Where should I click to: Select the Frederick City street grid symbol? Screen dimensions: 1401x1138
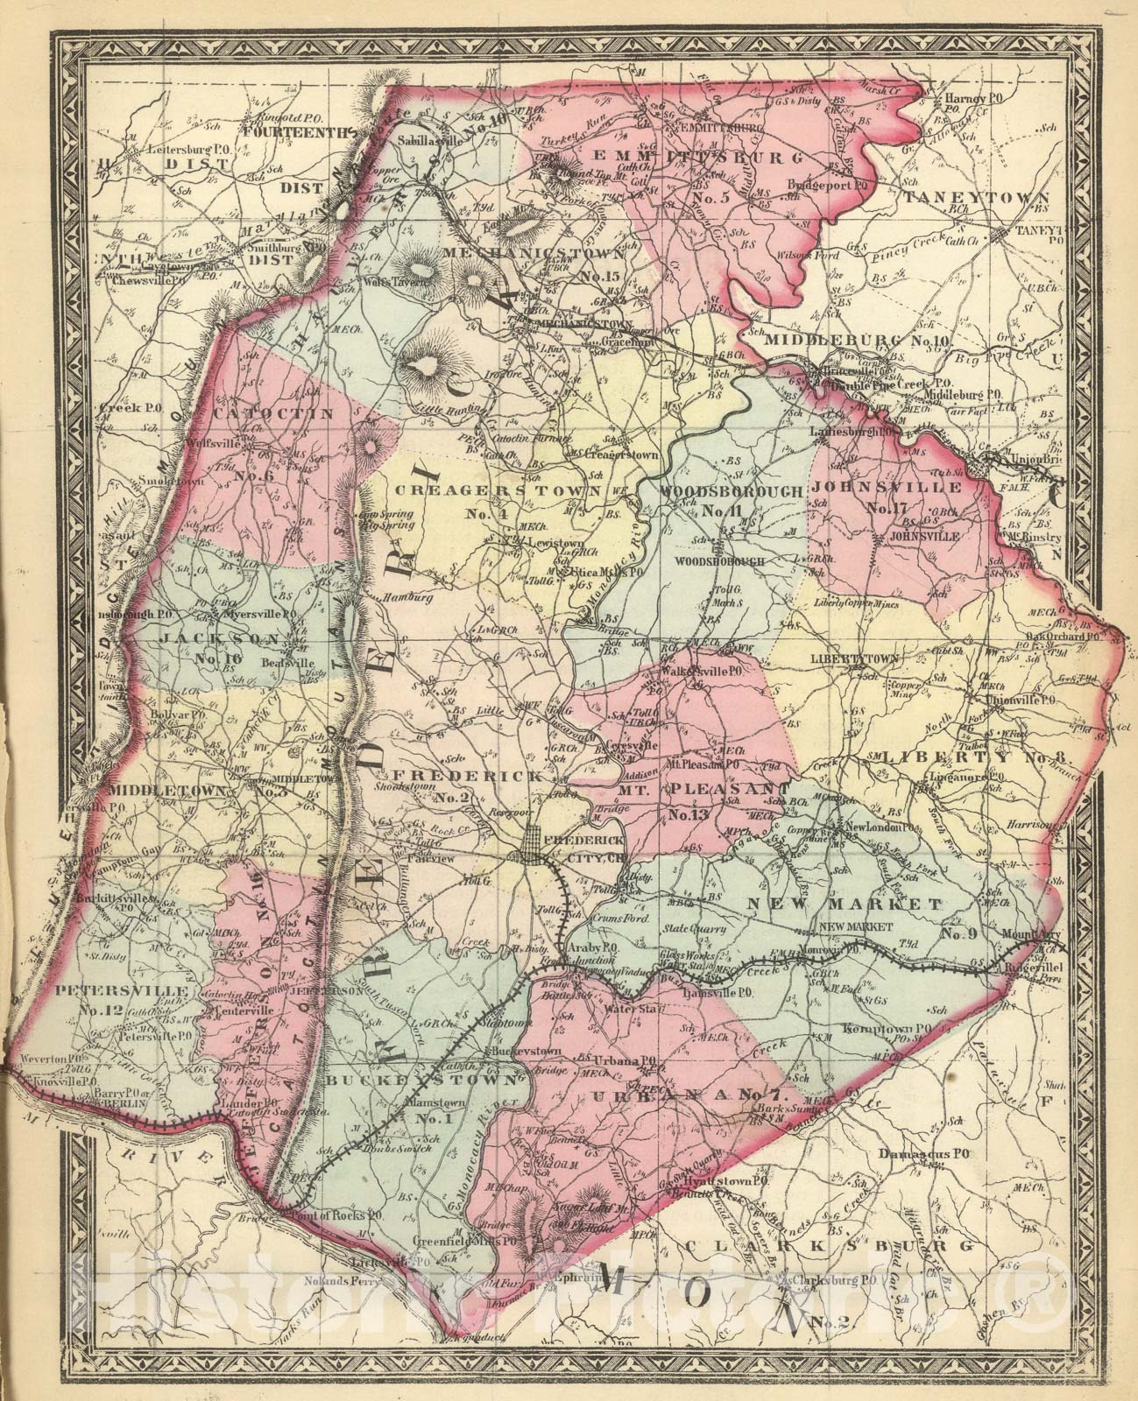[x=533, y=848]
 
